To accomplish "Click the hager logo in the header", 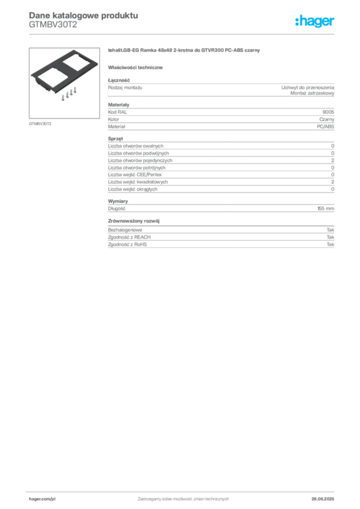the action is point(315,21).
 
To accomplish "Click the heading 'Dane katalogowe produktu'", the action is point(84,15).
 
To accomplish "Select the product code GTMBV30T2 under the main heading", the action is point(53,25).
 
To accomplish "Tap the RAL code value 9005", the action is point(328,112).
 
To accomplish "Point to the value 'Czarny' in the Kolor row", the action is point(327,119).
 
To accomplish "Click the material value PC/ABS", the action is point(325,127).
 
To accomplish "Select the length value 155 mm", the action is point(326,208).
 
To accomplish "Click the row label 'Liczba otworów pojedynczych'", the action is point(140,161).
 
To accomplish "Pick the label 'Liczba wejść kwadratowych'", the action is point(138,182).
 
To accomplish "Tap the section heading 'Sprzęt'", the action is point(115,139).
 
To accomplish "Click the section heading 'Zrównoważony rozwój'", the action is point(134,221).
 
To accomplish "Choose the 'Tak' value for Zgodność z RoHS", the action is point(330,245).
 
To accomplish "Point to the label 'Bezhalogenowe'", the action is point(125,230).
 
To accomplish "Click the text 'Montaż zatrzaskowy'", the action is point(312,93).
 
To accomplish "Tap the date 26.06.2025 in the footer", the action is point(323,499).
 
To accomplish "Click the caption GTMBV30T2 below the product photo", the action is point(40,124).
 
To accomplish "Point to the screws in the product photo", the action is point(69,94).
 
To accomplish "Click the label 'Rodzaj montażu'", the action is point(125,87).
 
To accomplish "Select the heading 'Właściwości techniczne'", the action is point(135,68).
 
